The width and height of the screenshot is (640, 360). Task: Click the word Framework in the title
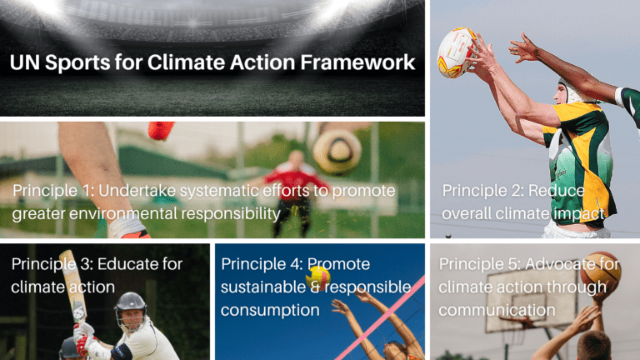(357, 62)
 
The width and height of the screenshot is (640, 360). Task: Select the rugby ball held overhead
(457, 52)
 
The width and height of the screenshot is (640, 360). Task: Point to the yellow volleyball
(317, 278)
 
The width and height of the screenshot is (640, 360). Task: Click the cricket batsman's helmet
(131, 306)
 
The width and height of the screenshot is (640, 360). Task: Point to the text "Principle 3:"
(52, 264)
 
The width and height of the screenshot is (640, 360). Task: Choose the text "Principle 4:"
(262, 264)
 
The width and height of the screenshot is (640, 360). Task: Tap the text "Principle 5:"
(480, 264)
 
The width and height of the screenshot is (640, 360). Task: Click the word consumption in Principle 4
(270, 311)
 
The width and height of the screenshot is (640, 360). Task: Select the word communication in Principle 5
(497, 310)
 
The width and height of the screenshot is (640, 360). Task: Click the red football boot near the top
(160, 130)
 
